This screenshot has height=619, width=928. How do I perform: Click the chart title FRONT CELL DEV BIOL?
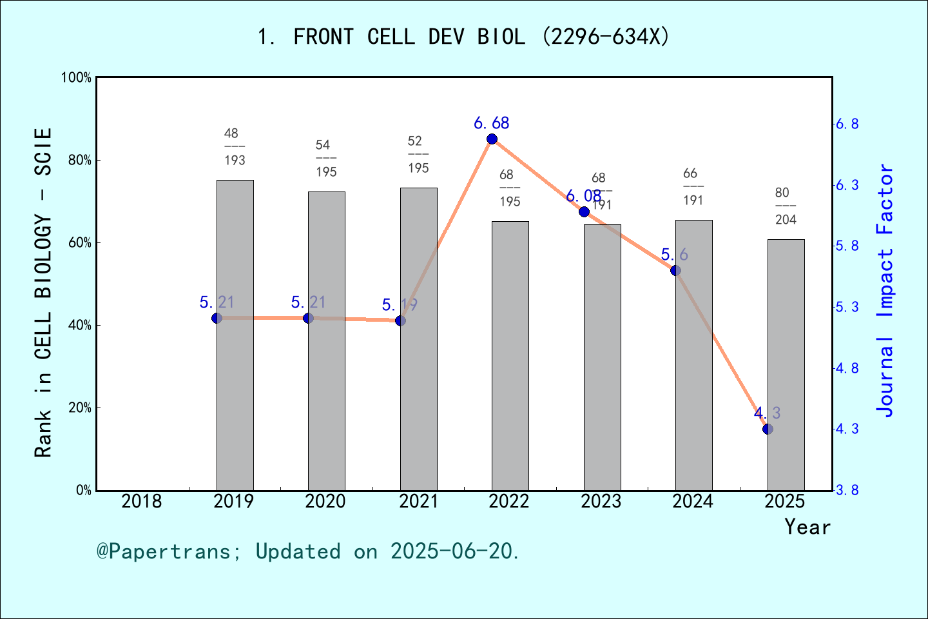[463, 37]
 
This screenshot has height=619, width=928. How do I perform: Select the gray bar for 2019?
[235, 335]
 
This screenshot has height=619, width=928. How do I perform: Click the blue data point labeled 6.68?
[492, 139]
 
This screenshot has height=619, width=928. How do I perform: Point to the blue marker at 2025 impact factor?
[768, 429]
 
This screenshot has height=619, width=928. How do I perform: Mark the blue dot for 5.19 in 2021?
[400, 320]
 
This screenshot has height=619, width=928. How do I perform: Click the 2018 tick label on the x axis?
[142, 501]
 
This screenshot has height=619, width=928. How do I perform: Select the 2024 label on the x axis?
[693, 501]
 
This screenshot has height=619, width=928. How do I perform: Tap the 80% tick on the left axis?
[79, 161]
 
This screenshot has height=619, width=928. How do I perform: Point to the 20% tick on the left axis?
[79, 408]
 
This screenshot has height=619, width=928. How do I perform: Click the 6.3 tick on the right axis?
[847, 186]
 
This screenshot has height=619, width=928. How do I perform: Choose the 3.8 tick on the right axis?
[847, 491]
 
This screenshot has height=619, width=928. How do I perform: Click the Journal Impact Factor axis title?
[885, 290]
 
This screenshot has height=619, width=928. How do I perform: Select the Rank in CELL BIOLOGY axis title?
[43, 293]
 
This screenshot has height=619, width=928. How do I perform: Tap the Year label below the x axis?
[807, 527]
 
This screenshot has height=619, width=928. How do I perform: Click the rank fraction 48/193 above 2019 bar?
[235, 147]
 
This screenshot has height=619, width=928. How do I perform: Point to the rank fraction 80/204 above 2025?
[786, 206]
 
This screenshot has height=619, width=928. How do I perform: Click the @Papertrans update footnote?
[308, 551]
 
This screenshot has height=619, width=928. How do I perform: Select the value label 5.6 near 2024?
[675, 255]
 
